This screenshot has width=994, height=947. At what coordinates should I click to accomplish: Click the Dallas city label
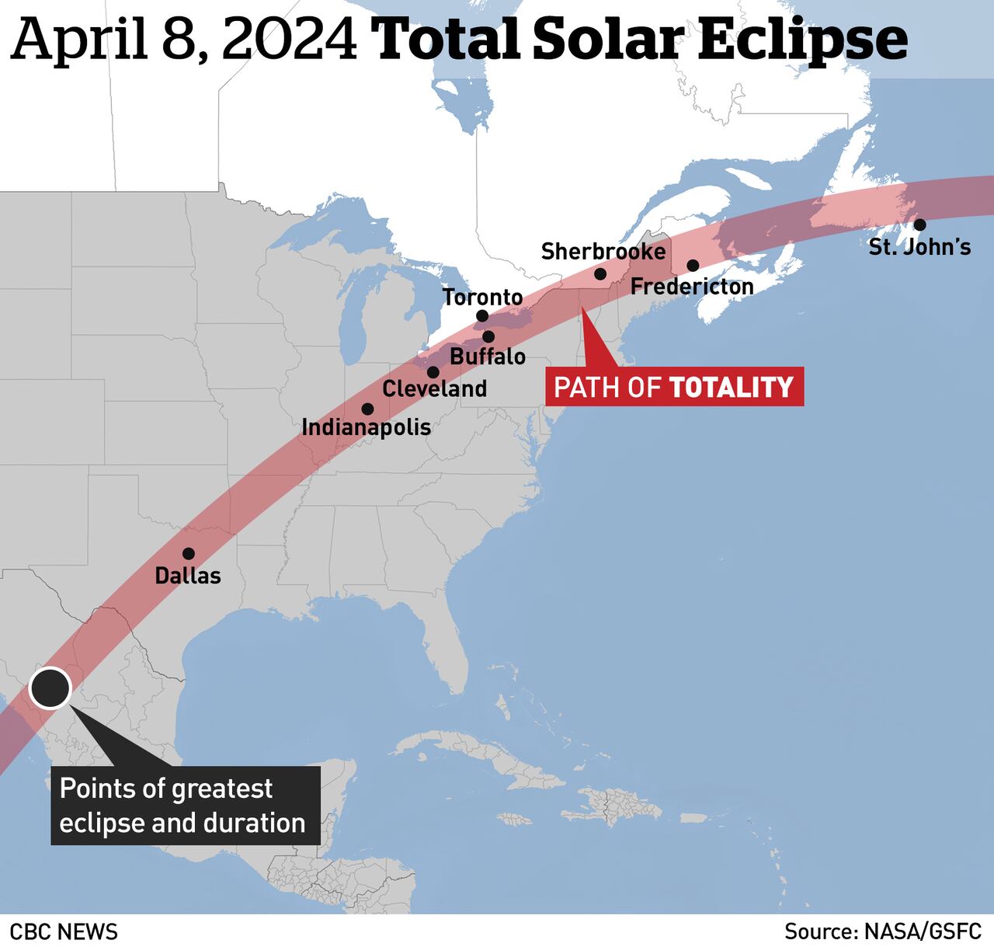188,576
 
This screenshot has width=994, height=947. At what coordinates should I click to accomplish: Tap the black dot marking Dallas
188,554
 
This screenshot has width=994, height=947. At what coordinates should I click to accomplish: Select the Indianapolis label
366,427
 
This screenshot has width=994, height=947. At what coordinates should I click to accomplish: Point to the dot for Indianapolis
367,409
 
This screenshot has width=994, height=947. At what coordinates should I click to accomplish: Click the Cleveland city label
435,388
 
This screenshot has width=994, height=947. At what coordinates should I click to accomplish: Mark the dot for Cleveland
433,372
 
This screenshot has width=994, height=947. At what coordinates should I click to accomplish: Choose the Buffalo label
488,357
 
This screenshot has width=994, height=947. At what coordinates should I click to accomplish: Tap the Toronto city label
482,297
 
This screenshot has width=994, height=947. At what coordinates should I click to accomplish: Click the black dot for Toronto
482,316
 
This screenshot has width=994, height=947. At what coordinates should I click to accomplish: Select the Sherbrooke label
603,252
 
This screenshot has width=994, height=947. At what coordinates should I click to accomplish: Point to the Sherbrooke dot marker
600,274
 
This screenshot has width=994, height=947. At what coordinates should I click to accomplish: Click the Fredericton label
692,287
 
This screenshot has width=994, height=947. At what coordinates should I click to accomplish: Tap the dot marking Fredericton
693,266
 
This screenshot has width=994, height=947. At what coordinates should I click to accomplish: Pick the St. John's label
919,247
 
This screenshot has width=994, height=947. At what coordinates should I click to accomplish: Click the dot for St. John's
919,225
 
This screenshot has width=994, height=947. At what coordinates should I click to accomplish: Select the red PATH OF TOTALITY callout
674,387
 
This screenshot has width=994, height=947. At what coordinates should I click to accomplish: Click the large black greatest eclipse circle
50,688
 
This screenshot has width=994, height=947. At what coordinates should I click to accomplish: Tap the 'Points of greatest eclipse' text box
185,806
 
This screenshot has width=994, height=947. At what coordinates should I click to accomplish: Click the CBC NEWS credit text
64,931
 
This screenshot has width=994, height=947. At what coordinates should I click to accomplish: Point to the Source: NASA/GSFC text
883,931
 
